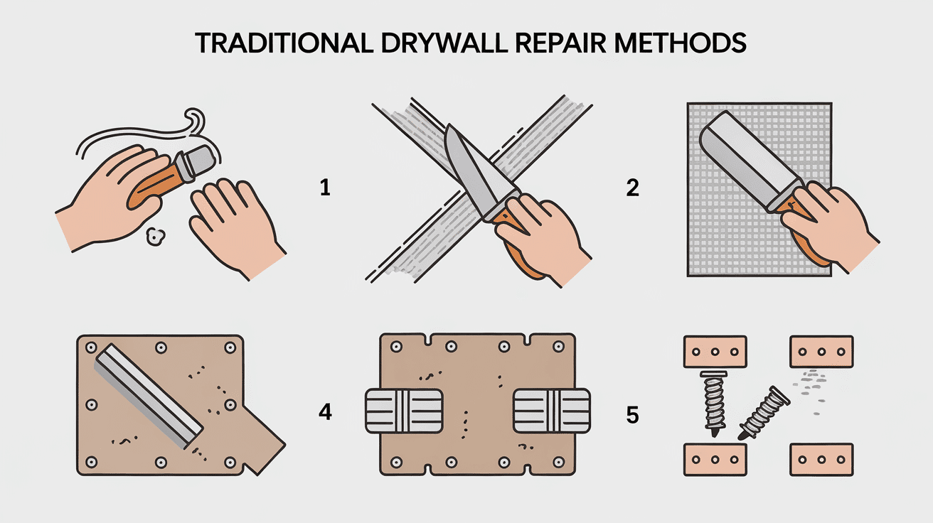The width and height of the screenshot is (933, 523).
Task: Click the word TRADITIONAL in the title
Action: coord(281,43)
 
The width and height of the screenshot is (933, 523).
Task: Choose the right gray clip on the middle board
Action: coord(551,411)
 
